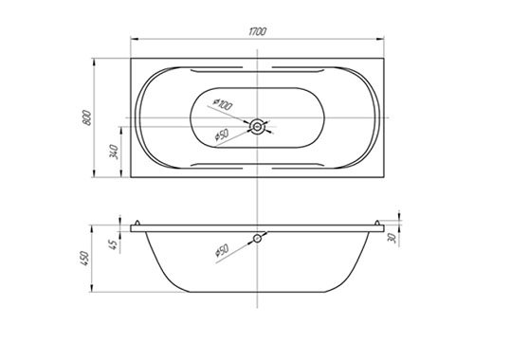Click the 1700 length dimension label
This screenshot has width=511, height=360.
tap(258, 31)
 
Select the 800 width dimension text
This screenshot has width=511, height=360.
tap(86, 117)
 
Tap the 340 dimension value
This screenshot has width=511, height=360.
tap(114, 152)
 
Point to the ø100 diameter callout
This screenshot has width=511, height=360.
tap(223, 104)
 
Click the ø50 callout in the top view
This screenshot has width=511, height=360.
tap(222, 135)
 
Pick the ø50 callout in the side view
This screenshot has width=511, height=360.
tap(222, 250)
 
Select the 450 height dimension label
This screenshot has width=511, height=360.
tap(84, 258)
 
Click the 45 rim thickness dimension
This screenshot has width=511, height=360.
tap(113, 244)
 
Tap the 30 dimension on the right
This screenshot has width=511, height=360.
tap(392, 238)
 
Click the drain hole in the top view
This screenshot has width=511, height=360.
tap(258, 126)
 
